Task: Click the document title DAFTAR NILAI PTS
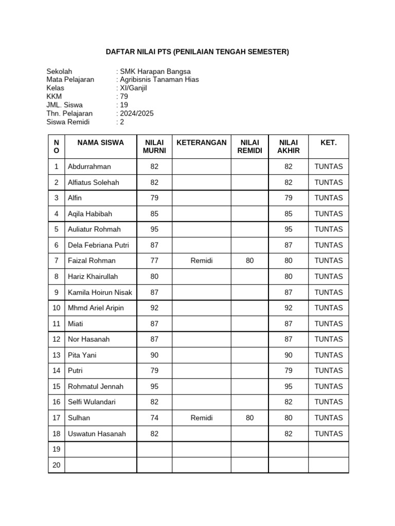[x=197, y=52]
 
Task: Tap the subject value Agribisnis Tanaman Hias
[x=159, y=80]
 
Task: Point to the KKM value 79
[x=124, y=97]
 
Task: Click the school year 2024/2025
[x=136, y=114]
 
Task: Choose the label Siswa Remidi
[x=68, y=122]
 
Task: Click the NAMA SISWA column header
[x=101, y=143]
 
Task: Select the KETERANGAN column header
[x=201, y=143]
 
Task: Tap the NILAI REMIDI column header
[x=249, y=146]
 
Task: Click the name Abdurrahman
[x=89, y=166]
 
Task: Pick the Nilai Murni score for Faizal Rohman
[x=154, y=260]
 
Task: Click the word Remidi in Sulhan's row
[x=201, y=418]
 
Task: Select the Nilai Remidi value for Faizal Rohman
[x=249, y=260]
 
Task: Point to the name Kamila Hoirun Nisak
[x=100, y=292]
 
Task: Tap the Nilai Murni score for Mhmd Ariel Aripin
[x=154, y=308]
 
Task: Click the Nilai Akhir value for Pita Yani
[x=289, y=355]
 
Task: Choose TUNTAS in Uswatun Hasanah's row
[x=328, y=434]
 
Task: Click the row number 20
[x=57, y=465]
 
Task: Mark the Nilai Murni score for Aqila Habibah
[x=154, y=214]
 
